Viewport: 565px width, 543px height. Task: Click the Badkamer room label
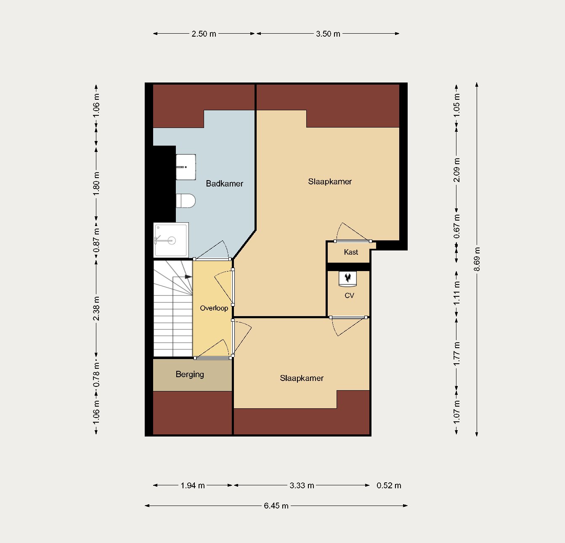224,184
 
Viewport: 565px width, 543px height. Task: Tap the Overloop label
214,308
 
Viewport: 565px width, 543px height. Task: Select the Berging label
190,374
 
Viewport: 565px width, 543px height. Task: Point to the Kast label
351,252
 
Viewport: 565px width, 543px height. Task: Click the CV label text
349,295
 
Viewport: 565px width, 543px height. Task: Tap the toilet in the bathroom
186,201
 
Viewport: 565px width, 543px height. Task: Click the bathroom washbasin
186,167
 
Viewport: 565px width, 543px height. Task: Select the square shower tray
171,240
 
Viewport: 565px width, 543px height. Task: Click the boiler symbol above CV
348,279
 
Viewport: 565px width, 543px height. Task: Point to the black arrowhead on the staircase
188,277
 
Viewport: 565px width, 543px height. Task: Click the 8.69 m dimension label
477,259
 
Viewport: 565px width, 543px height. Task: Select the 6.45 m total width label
276,506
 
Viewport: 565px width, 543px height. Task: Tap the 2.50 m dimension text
204,34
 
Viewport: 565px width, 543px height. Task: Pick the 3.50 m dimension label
328,34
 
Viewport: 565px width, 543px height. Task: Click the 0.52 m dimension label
389,485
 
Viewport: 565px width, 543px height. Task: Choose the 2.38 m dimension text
96,309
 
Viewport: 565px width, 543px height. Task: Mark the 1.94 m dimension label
193,485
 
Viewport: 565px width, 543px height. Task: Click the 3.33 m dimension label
302,485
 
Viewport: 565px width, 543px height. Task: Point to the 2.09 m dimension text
457,170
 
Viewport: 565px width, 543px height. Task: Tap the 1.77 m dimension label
457,354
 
